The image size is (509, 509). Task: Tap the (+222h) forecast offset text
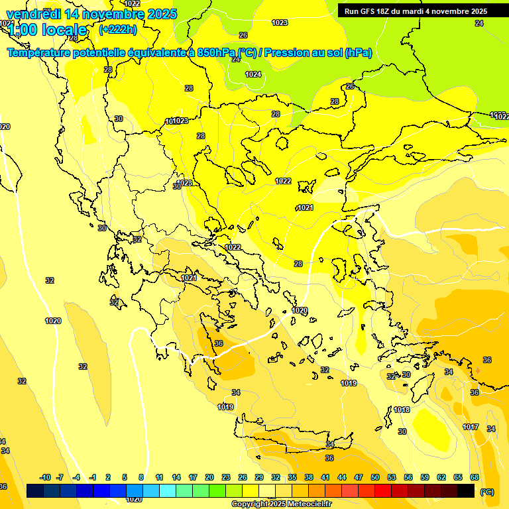click(118, 29)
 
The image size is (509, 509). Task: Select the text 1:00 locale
click(48, 30)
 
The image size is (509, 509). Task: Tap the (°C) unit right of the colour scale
click(486, 491)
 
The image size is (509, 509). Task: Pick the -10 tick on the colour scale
click(46, 477)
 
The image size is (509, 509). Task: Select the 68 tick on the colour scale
click(475, 477)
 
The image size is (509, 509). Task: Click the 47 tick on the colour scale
click(359, 477)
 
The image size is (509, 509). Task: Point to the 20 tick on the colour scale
click(209, 477)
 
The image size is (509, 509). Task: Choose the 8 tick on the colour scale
click(141, 477)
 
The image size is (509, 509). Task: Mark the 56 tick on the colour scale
click(408, 477)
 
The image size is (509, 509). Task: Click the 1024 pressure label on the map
click(253, 74)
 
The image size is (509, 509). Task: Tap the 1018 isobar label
click(402, 410)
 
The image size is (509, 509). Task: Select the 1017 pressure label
click(471, 427)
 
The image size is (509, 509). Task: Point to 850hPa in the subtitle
click(216, 53)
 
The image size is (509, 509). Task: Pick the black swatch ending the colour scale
click(466, 490)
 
